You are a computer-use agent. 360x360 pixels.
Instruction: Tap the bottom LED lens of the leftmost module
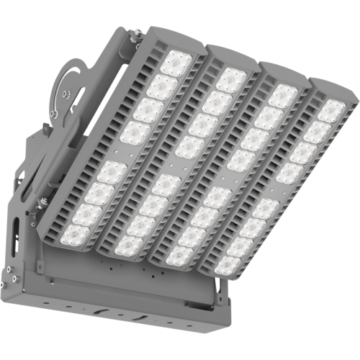76,234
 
